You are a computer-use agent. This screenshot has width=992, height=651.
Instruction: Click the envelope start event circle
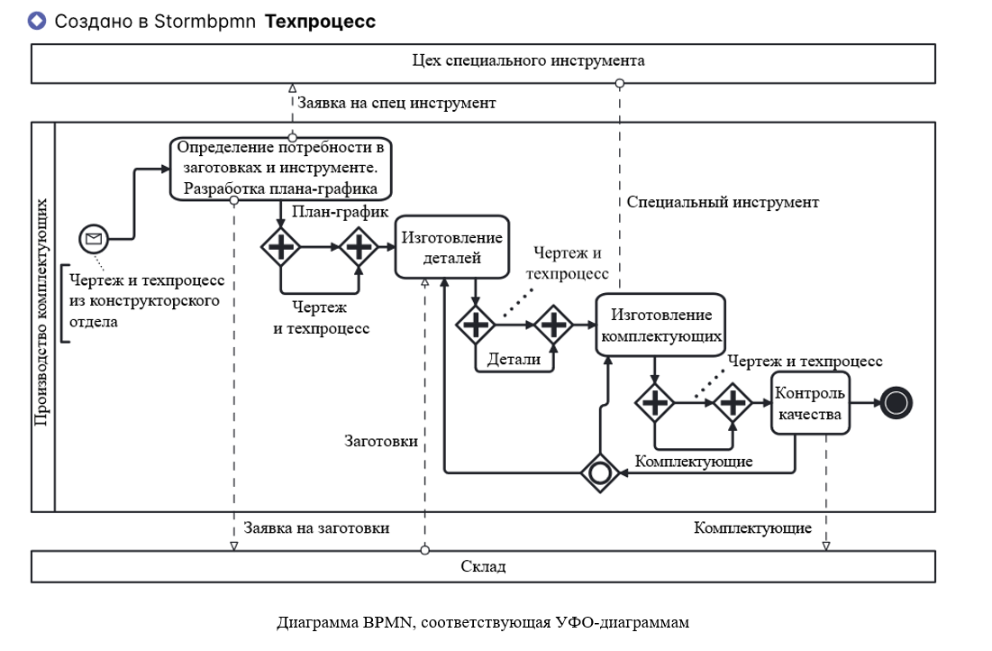click(x=93, y=239)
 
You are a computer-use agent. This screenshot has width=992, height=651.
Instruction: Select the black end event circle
click(x=895, y=403)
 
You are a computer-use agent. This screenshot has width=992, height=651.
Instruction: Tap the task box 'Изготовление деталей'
click(x=451, y=247)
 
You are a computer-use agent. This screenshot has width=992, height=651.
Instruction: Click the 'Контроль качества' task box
click(x=810, y=403)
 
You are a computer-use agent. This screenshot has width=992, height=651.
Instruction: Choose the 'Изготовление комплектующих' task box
click(x=661, y=325)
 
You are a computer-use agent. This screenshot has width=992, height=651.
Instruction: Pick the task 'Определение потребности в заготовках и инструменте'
click(x=283, y=168)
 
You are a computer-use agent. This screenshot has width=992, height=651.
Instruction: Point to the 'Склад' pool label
click(x=483, y=566)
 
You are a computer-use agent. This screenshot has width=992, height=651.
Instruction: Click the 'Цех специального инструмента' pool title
click(x=528, y=61)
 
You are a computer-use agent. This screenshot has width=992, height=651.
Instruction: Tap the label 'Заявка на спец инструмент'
click(x=396, y=103)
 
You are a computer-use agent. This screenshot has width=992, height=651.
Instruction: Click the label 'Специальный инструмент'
click(x=723, y=202)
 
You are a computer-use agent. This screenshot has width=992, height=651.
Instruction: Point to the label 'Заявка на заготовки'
click(x=316, y=527)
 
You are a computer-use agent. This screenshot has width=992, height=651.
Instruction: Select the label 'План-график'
click(x=341, y=212)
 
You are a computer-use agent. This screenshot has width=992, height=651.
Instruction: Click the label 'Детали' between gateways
click(x=514, y=359)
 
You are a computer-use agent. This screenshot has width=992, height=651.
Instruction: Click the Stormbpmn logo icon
click(x=37, y=21)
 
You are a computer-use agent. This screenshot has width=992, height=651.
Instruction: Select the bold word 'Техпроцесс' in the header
click(x=320, y=21)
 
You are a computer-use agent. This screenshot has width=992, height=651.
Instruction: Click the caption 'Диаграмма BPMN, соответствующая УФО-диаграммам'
click(x=483, y=622)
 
